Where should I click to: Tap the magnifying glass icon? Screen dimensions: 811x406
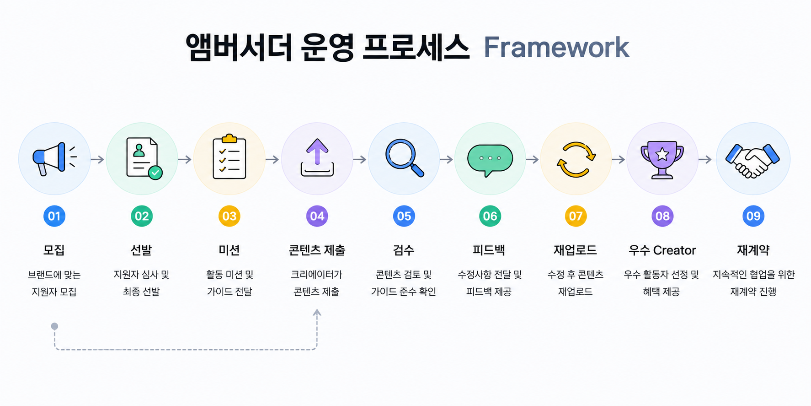404,158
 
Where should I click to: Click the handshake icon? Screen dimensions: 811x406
752,160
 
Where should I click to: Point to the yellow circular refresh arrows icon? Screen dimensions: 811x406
576,159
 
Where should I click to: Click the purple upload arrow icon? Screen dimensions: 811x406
317,157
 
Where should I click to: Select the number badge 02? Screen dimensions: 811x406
142,216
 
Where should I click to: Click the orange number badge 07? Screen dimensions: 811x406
576,216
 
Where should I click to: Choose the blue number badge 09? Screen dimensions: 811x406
753,216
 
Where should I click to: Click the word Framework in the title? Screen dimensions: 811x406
556,48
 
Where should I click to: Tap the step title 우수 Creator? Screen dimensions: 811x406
662,250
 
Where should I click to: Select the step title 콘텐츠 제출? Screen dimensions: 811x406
317,250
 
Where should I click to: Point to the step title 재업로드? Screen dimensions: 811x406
576,250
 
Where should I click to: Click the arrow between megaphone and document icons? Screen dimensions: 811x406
97,159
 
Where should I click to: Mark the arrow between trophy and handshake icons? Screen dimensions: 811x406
705,159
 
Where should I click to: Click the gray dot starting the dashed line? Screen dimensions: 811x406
54,326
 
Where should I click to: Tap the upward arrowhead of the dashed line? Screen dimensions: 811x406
317,312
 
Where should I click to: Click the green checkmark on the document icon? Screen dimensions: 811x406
155,173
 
